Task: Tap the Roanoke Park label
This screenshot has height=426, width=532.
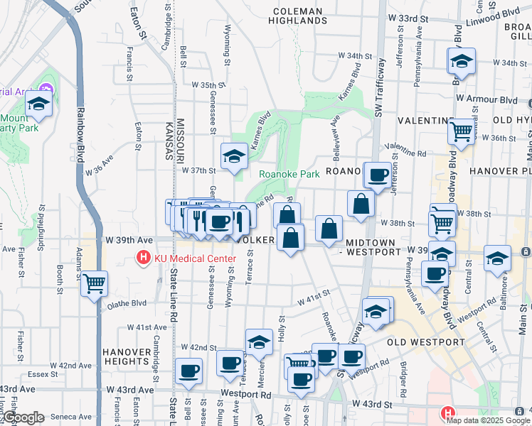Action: pyautogui.click(x=288, y=174)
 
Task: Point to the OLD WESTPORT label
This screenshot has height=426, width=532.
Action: pyautogui.click(x=425, y=342)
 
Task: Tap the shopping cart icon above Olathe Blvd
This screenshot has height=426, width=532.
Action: pyautogui.click(x=94, y=284)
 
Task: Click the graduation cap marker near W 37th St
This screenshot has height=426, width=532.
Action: pyautogui.click(x=233, y=157)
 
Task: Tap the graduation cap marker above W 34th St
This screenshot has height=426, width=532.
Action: pyautogui.click(x=461, y=62)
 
